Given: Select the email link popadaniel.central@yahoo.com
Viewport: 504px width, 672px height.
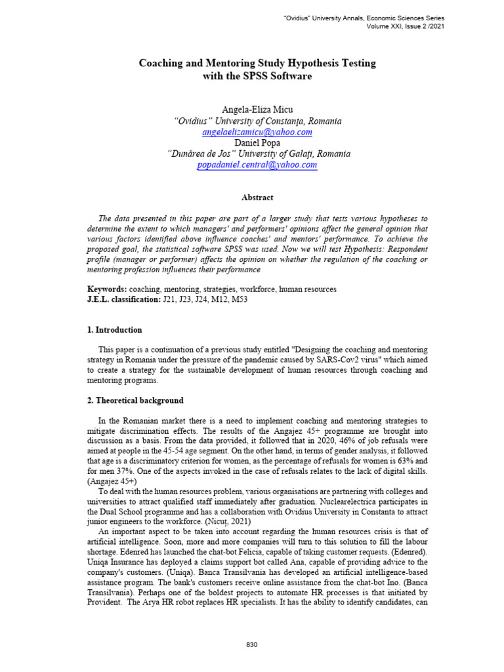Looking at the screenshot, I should coord(257,165).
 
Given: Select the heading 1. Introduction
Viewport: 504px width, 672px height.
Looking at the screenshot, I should coord(115,330).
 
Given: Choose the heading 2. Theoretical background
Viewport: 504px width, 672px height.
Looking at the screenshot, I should coord(136,400).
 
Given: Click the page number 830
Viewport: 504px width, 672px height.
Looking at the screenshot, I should coord(252,645).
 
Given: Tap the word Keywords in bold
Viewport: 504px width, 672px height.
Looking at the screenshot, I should coord(107,289).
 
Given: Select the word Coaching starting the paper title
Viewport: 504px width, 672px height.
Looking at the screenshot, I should coord(161,63).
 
